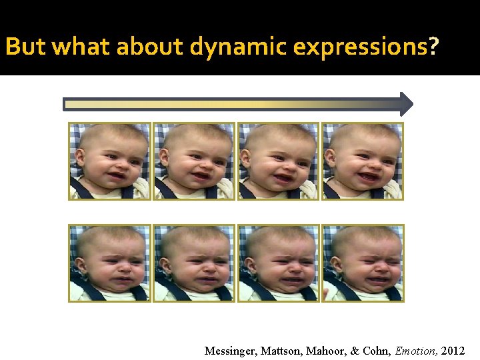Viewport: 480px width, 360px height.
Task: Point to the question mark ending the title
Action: (x=434, y=47)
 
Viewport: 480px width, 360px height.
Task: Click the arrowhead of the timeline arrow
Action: (x=406, y=104)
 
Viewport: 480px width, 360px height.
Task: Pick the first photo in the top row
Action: (x=110, y=161)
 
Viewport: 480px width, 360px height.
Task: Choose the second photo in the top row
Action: (x=195, y=161)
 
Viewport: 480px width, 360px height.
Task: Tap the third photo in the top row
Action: (x=279, y=161)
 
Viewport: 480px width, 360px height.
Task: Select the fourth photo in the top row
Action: (x=363, y=161)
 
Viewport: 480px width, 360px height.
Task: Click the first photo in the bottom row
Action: (x=110, y=263)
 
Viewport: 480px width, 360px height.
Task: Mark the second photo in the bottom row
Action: (x=195, y=263)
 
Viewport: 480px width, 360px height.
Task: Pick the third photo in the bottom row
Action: (x=279, y=263)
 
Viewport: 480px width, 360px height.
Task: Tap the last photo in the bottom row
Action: (x=363, y=263)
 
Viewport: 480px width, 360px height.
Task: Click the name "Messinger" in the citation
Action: (x=229, y=350)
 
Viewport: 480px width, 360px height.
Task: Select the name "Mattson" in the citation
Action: (x=279, y=350)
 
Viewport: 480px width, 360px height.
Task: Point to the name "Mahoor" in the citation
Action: (x=325, y=350)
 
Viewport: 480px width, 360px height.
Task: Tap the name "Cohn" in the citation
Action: (x=377, y=350)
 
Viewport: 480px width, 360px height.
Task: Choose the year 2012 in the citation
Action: (x=453, y=350)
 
